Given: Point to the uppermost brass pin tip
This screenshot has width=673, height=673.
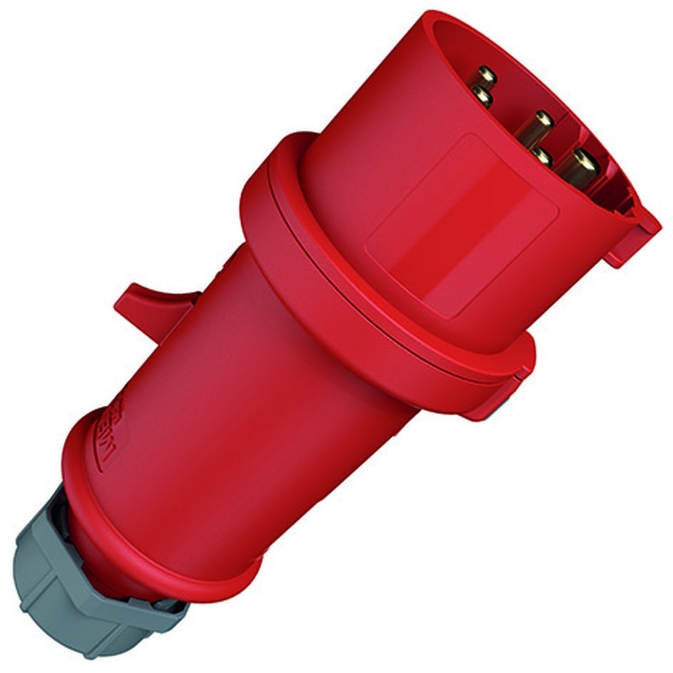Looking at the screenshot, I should tap(486, 75).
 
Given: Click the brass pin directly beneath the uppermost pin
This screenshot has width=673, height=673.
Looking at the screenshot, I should tap(482, 97).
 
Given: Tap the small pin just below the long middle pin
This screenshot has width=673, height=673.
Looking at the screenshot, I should tap(542, 156).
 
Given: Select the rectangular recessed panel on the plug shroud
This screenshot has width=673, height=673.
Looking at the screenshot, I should tap(464, 222).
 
